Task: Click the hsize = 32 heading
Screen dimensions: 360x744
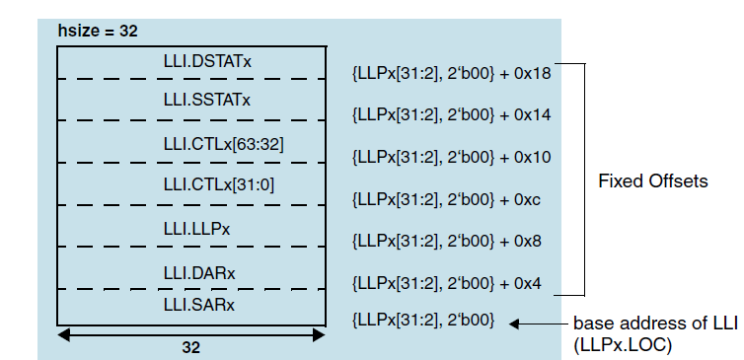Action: point(97,31)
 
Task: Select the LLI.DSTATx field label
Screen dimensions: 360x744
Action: point(207,61)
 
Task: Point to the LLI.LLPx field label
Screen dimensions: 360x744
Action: point(198,228)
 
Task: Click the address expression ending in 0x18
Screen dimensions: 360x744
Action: point(451,73)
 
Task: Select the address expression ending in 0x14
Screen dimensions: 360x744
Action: point(451,114)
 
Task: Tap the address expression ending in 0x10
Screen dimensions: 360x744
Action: point(451,157)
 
